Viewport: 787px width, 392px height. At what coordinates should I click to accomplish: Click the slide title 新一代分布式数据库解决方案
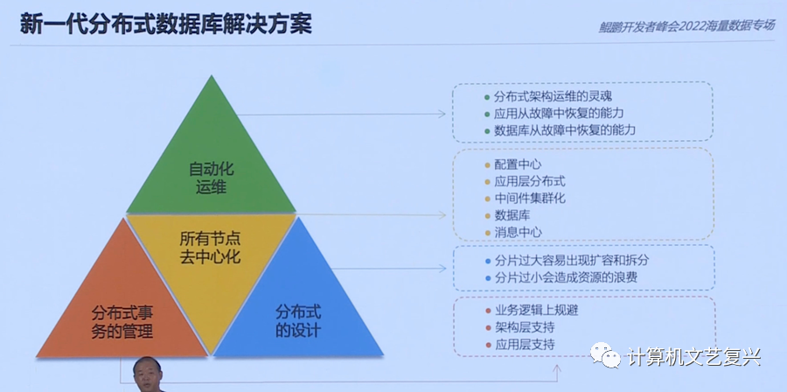click(165, 24)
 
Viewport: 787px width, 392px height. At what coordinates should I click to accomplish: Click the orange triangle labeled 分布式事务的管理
click(122, 320)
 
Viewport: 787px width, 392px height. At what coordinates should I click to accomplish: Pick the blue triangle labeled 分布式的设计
click(297, 320)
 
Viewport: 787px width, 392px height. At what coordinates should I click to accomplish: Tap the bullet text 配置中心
click(518, 164)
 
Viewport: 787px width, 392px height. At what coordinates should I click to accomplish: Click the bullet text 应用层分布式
click(529, 181)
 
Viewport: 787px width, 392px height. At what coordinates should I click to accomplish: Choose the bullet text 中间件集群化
click(529, 199)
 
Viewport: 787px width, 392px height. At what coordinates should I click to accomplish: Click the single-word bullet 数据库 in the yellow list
click(512, 215)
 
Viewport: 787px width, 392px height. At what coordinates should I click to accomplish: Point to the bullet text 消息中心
click(518, 232)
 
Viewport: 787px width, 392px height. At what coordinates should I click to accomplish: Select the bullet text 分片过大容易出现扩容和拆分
click(572, 261)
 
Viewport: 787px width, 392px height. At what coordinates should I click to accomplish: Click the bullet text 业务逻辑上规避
click(535, 311)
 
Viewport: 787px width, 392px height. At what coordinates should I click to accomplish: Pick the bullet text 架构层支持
click(524, 327)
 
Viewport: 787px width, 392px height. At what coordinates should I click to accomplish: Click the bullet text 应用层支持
click(524, 345)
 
